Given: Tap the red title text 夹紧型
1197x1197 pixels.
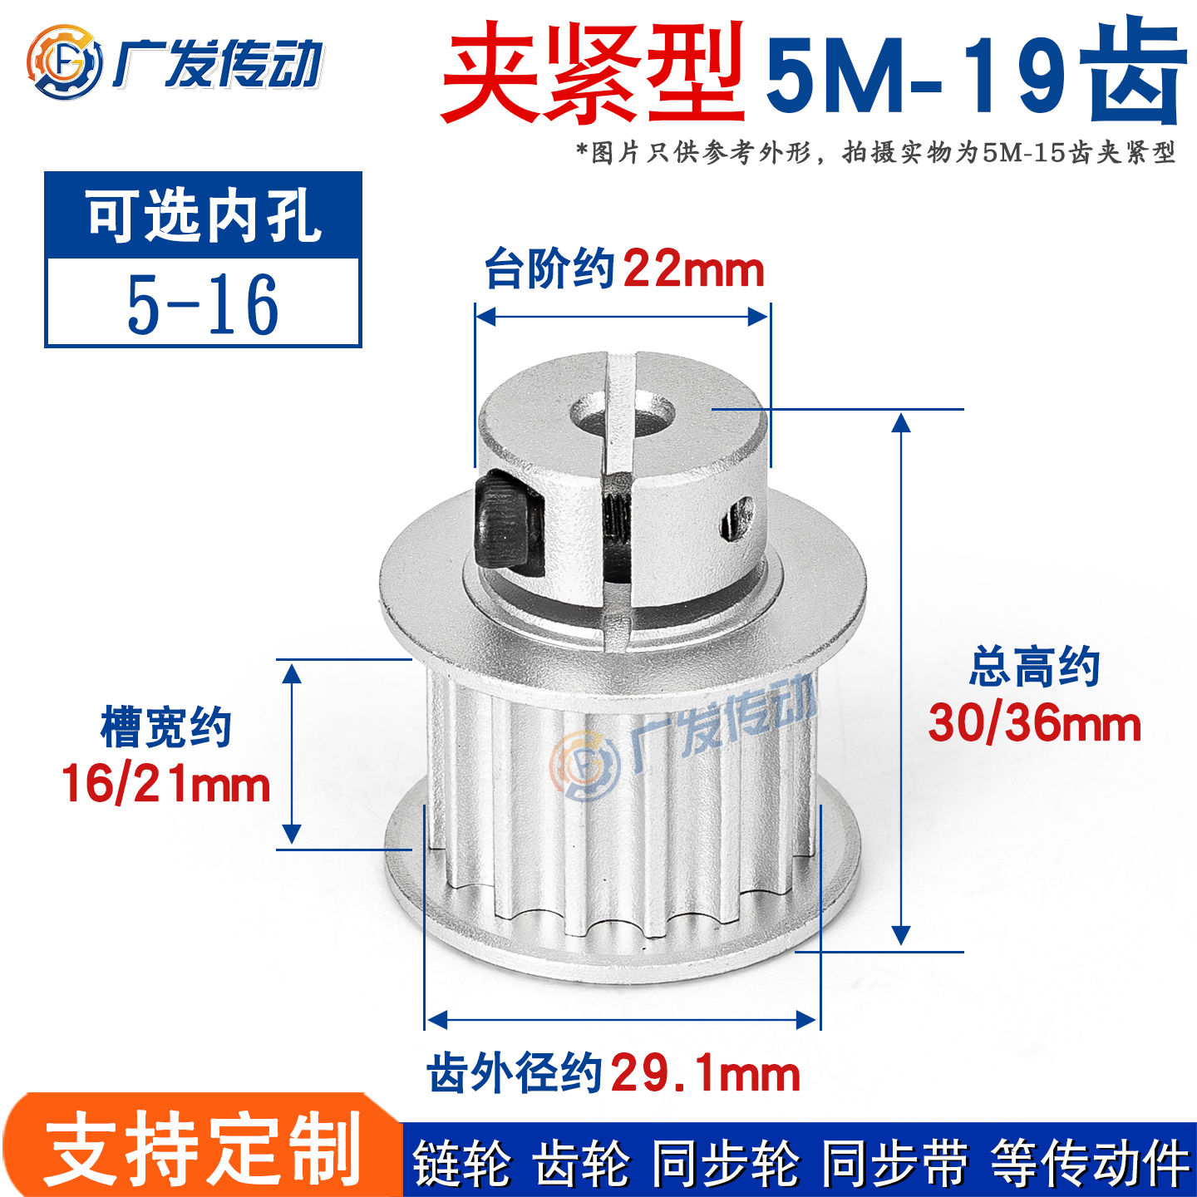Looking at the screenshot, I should [592, 75].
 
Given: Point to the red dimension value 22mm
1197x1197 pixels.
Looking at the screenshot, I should [693, 270].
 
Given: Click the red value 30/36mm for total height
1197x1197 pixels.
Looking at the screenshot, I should [1034, 723].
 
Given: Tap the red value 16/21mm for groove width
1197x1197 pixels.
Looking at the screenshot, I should [166, 784].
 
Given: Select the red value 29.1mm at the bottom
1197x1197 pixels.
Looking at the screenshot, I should [705, 1073].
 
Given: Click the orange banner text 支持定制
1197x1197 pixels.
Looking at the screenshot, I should [203, 1150].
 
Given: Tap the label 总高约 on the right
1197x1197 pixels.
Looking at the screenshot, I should [1034, 667].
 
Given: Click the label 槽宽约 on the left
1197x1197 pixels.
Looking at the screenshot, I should [166, 728].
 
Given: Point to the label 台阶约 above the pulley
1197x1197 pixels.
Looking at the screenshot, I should [550, 270].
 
